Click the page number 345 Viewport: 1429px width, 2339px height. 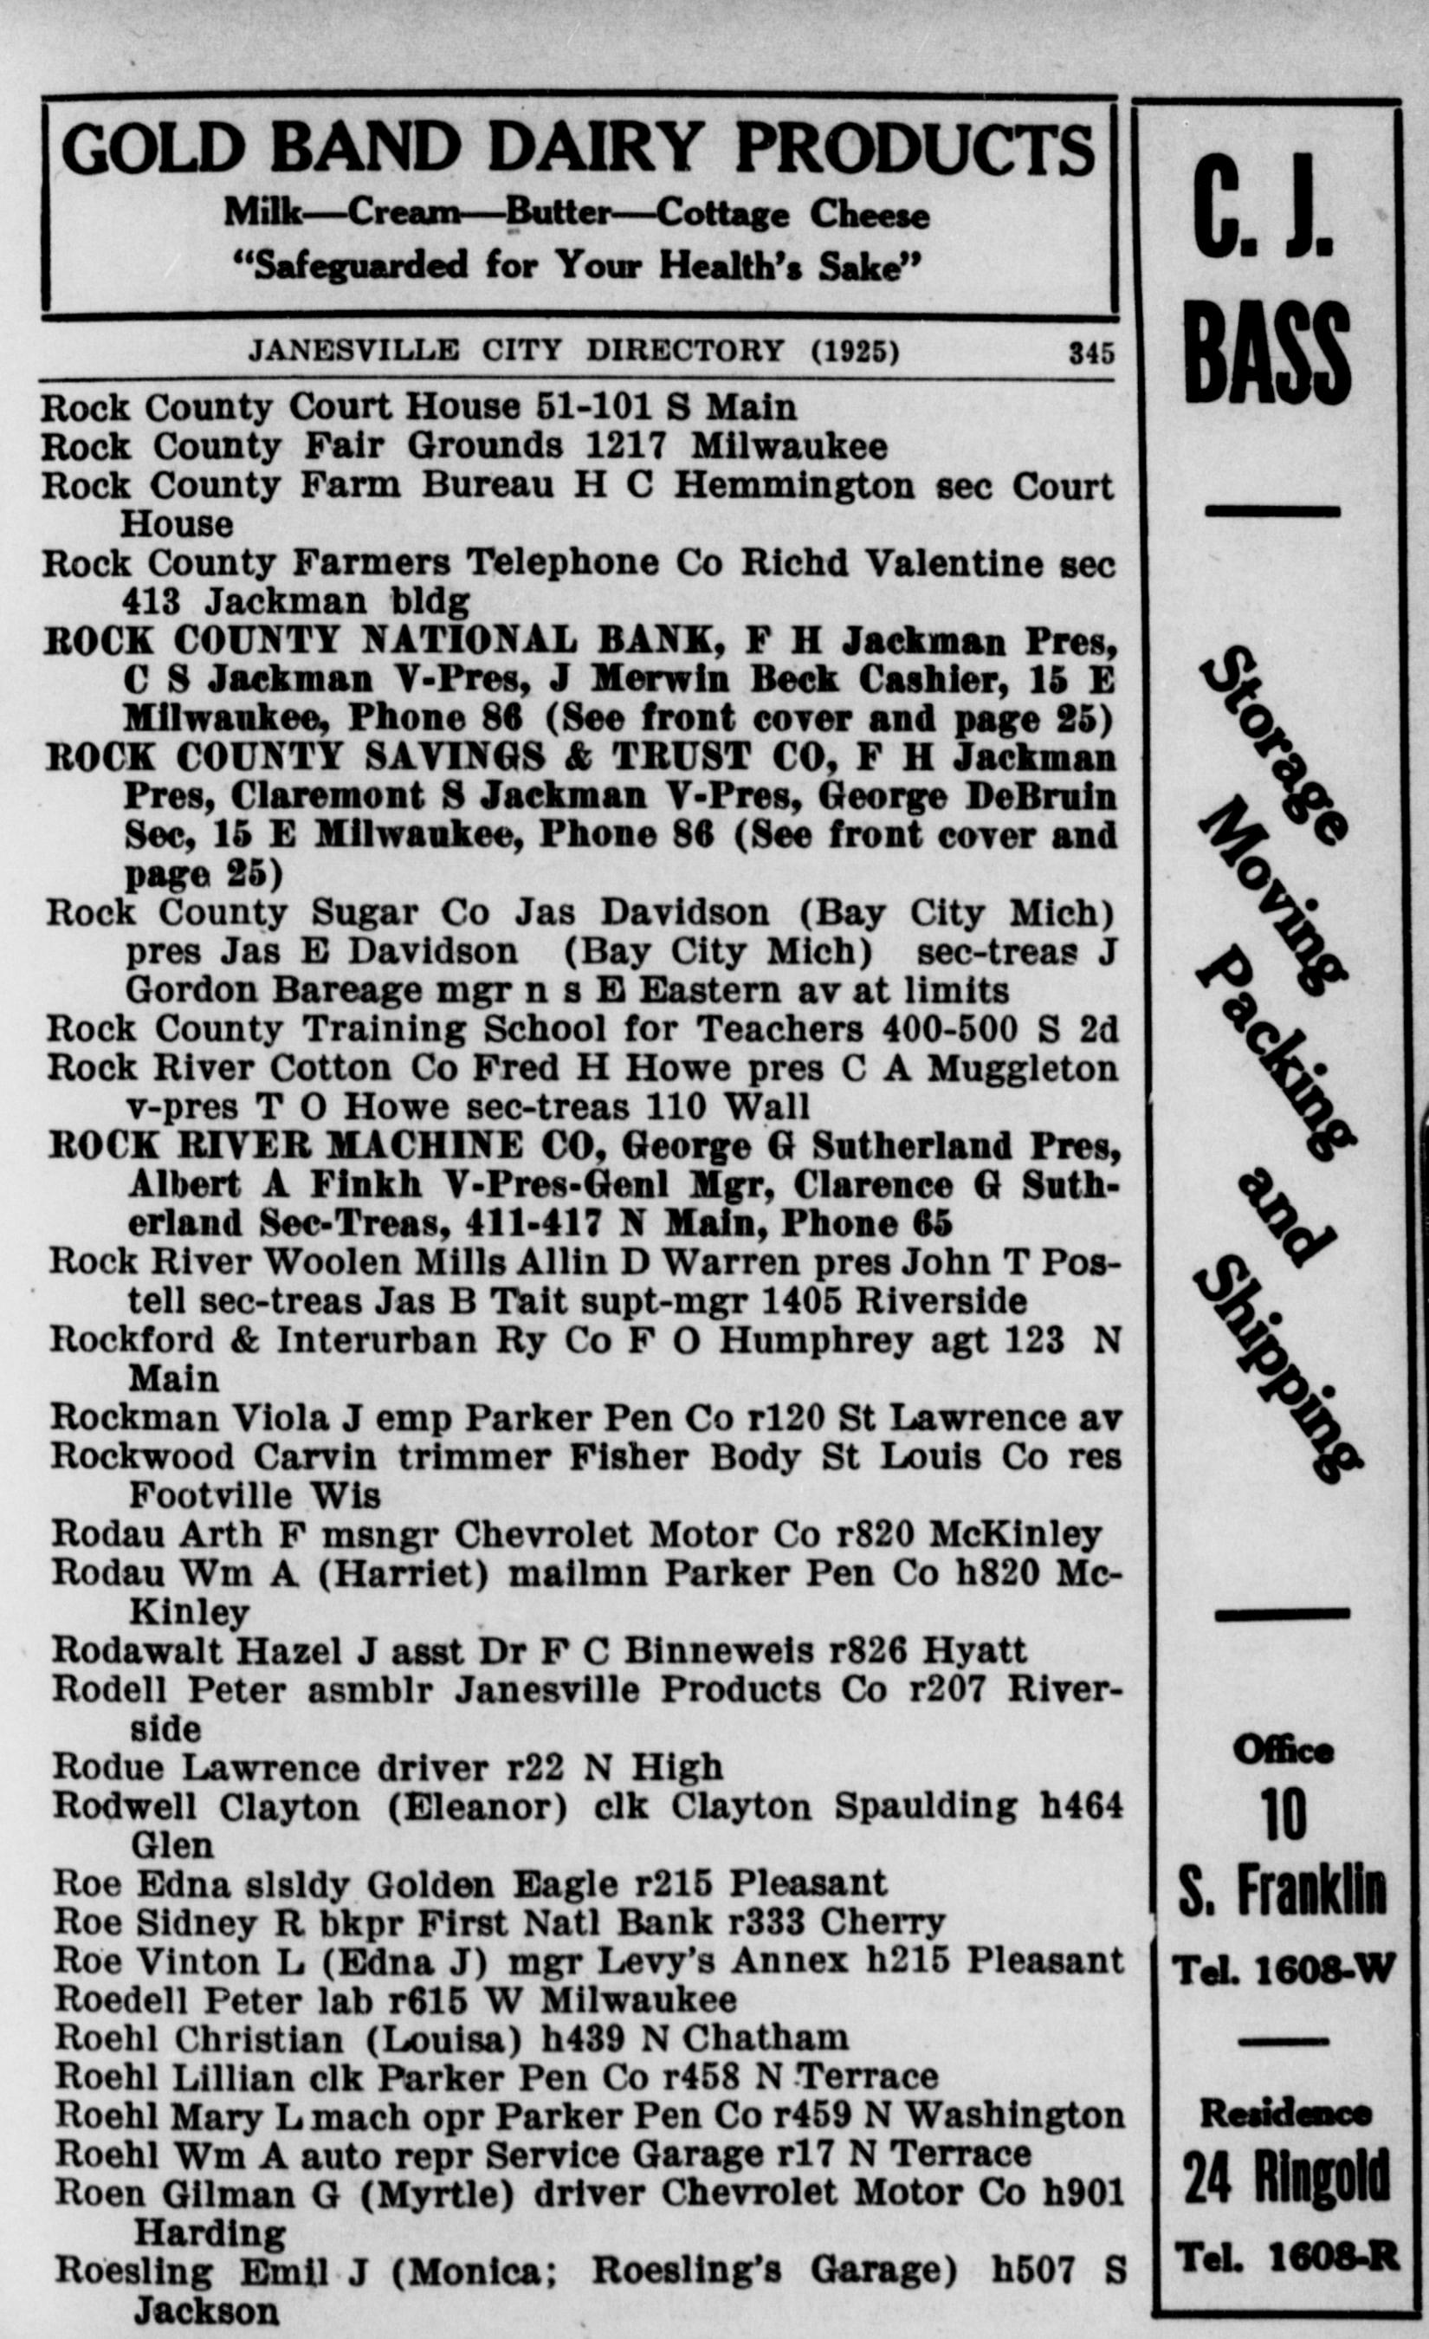1091,353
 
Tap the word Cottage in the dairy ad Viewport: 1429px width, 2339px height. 722,215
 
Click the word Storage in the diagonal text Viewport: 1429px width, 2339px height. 1271,745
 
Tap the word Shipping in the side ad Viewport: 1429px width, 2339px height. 1277,1367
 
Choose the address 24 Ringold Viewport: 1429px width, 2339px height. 1286,2177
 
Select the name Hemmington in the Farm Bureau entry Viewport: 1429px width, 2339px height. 794,486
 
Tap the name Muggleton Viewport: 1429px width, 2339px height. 1023,1068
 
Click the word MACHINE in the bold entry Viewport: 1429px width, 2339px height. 424,1146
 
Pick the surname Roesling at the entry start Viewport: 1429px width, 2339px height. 133,2271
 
